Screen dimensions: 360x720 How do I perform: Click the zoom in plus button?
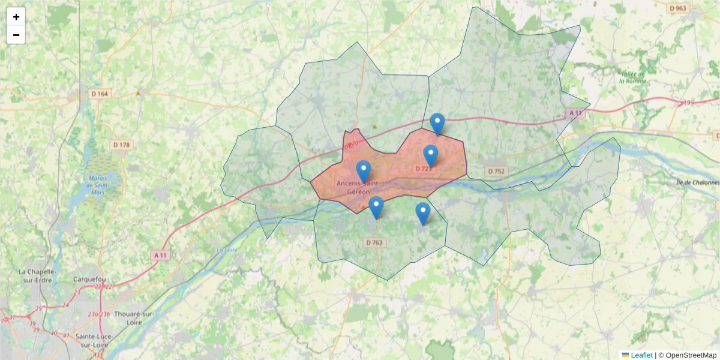(16, 17)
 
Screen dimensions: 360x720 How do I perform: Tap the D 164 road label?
(100, 94)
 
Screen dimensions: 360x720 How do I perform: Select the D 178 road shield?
(121, 145)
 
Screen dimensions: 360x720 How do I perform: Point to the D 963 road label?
(678, 8)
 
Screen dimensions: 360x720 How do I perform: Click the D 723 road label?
(424, 169)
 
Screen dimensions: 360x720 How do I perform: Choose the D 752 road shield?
(496, 171)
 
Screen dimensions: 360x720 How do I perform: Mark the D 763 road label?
(374, 242)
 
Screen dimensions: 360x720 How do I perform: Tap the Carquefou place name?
(89, 280)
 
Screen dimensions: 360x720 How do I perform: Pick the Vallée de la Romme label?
(632, 77)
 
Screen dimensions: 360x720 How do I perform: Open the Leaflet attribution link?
(641, 355)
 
